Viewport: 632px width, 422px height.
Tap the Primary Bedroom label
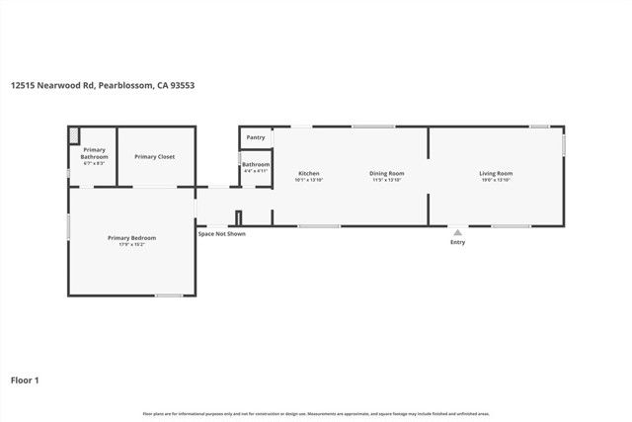(131, 238)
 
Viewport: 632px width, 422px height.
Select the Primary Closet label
(154, 156)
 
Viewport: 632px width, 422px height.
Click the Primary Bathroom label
(94, 152)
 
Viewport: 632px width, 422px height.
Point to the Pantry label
(255, 137)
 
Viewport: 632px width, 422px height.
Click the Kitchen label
(309, 173)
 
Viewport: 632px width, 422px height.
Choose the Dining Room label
(387, 173)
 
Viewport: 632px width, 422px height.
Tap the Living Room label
(496, 173)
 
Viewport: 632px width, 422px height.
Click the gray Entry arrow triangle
(457, 233)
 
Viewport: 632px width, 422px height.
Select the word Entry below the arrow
(457, 242)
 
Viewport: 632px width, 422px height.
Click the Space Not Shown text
(221, 233)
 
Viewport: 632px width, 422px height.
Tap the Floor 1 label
(25, 380)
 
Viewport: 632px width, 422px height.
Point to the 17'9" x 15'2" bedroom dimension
(131, 244)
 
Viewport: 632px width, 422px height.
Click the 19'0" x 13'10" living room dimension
(496, 180)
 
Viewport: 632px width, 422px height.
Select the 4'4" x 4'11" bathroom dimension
(256, 170)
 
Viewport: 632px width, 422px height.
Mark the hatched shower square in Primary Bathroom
(74, 133)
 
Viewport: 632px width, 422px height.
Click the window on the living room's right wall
(564, 143)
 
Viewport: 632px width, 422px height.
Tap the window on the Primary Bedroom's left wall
(68, 226)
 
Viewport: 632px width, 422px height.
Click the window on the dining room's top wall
(373, 126)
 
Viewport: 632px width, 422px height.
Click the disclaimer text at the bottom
(316, 413)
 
